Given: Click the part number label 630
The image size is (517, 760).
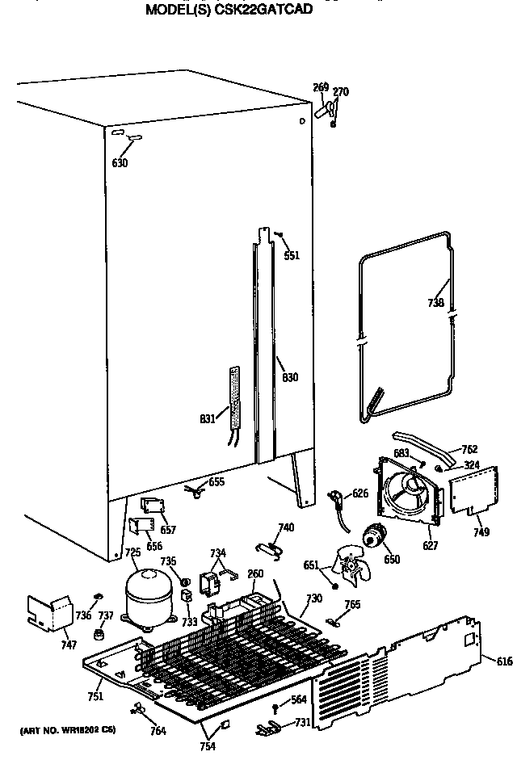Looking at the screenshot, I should [120, 162].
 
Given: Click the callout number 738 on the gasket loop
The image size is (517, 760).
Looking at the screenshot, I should [436, 304].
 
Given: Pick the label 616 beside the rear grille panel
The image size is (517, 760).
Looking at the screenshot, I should [504, 661].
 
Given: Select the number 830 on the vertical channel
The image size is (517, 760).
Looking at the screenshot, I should [290, 377].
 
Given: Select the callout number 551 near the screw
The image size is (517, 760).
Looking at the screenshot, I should [292, 255].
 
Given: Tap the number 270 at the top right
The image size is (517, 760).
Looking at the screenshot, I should [341, 92].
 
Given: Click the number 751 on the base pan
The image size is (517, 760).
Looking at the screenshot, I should [95, 697].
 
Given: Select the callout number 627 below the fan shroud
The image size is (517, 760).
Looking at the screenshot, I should [430, 546].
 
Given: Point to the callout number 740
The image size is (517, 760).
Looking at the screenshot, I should [285, 527].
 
